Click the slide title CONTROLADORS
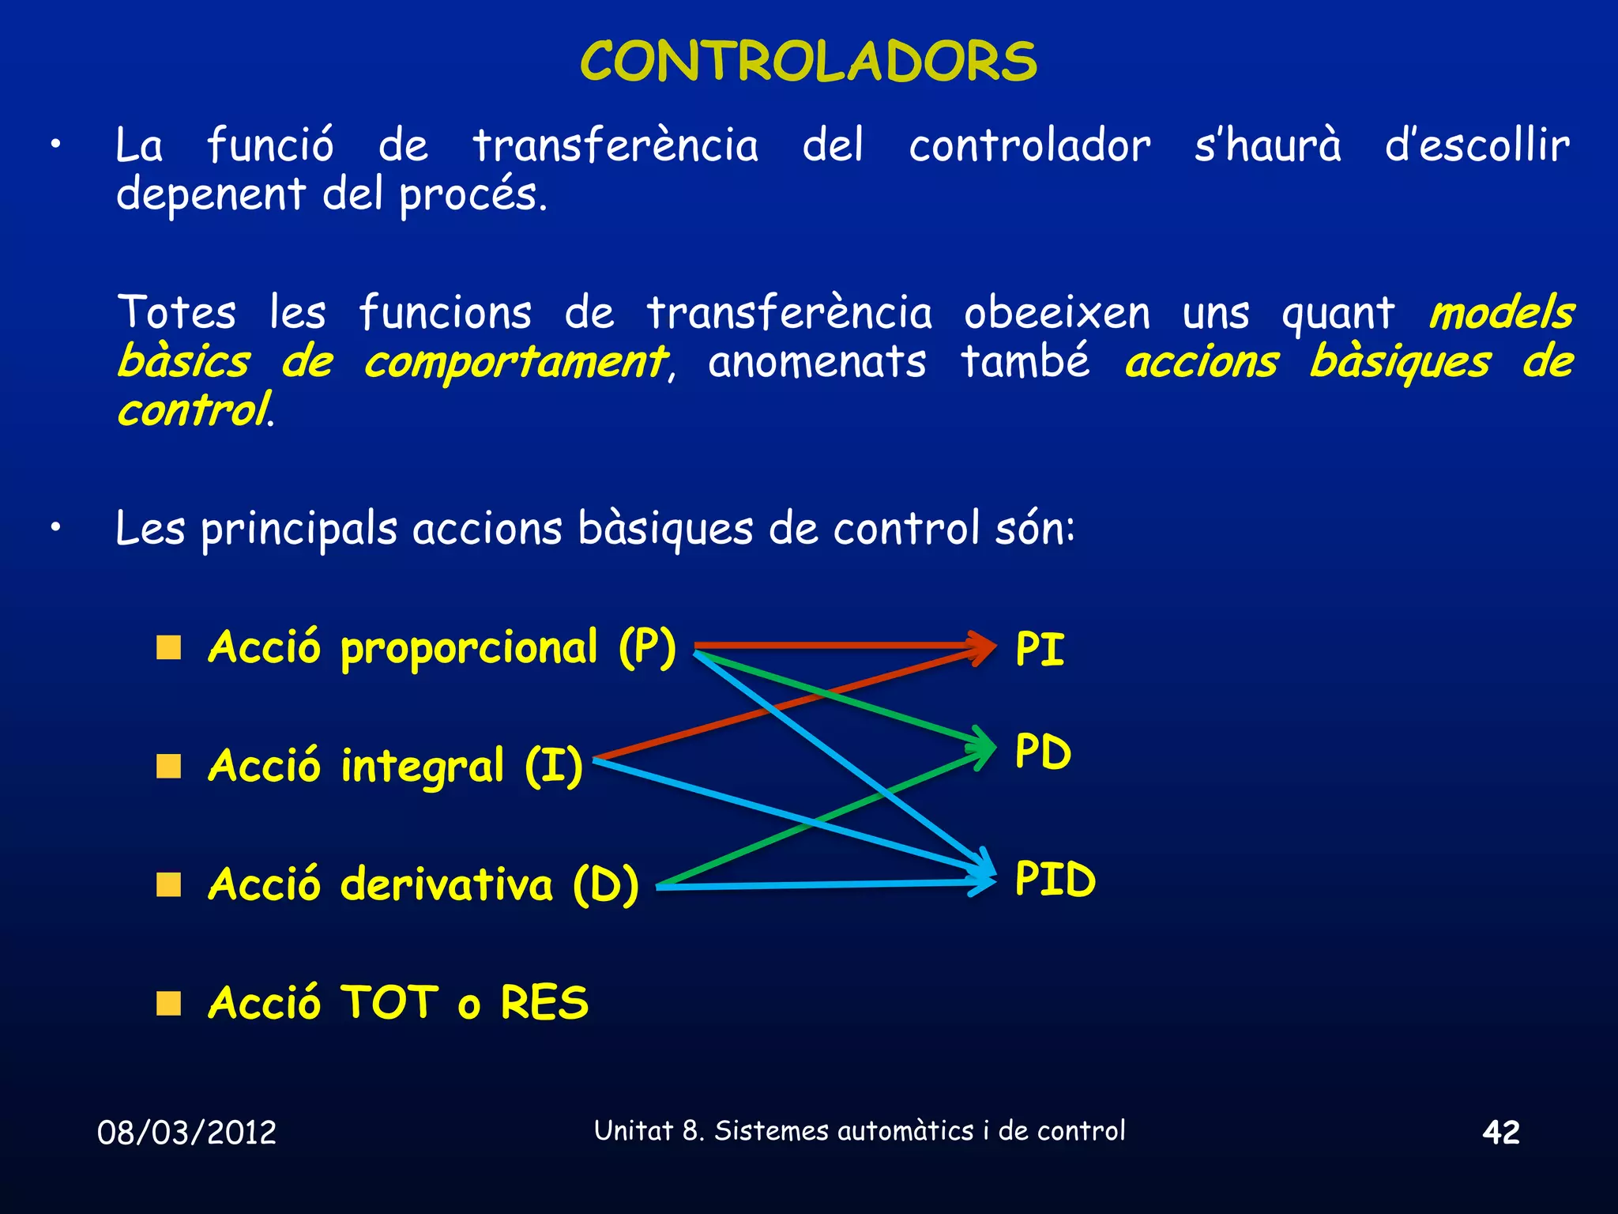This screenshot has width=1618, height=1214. pos(808,62)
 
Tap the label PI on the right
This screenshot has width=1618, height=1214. pos(1040,650)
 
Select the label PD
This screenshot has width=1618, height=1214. pos(1043,752)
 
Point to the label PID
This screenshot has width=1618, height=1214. pos(1055,879)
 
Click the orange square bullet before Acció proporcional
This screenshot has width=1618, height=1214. pos(168,648)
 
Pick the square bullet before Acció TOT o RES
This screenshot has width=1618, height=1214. pos(168,1003)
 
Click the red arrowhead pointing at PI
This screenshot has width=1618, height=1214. pos(984,647)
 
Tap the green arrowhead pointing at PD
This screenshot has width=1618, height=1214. pos(984,747)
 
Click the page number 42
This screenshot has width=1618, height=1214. pos(1500,1132)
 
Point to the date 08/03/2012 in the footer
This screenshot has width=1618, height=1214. pos(186,1133)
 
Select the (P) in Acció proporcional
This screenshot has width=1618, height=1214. pos(647,648)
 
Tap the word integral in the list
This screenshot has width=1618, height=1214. pos(422,767)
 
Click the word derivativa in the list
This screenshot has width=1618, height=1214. pos(446,884)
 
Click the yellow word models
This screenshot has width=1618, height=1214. pos(1501,313)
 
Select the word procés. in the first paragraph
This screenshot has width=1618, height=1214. pos(472,195)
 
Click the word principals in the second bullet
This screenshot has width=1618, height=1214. pos(299,529)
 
